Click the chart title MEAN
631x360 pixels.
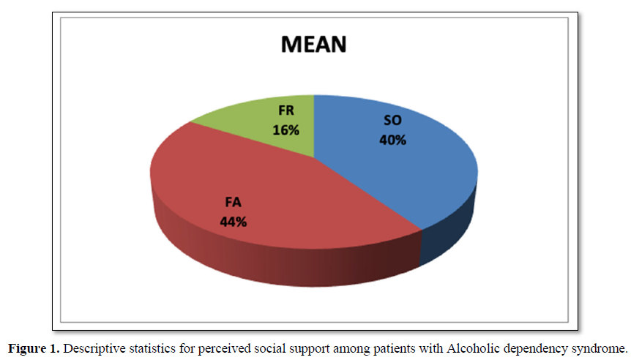(314, 45)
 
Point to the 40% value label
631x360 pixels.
(392, 140)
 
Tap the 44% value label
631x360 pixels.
(233, 220)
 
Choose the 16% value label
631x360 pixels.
(286, 130)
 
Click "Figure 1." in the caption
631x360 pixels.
(34, 347)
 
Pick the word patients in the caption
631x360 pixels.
(371, 347)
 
